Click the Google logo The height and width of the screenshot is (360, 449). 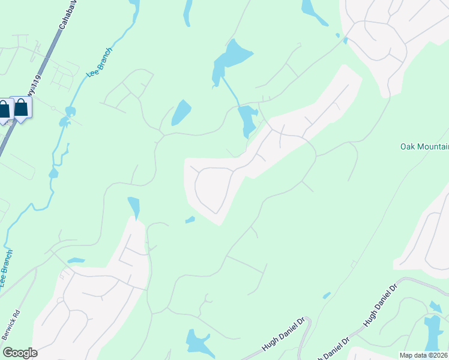coord(20,353)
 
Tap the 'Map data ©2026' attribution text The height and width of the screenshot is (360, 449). coord(423,355)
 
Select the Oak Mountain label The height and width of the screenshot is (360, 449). coord(424,147)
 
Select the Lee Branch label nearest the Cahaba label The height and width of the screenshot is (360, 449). coord(100,62)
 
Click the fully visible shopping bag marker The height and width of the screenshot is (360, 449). coord(22,109)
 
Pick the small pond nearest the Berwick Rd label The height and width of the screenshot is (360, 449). coord(76,260)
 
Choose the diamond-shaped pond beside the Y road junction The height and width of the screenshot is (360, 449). coord(181,112)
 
